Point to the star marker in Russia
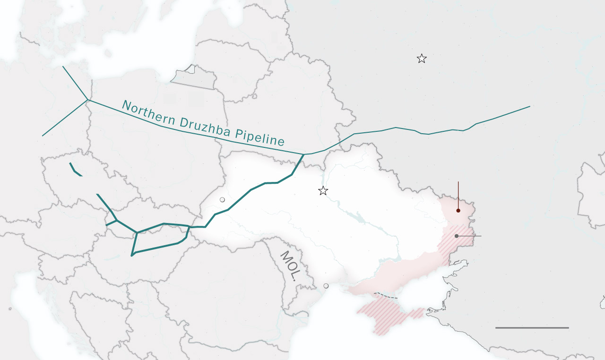pyautogui.click(x=422, y=59)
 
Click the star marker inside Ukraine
pyautogui.click(x=323, y=191)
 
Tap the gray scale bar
pyautogui.click(x=532, y=327)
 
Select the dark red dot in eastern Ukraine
pyautogui.click(x=458, y=210)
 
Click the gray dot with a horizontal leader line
pyautogui.click(x=457, y=236)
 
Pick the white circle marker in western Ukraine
pyautogui.click(x=222, y=200)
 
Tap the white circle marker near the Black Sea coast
pyautogui.click(x=326, y=286)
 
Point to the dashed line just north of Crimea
pyautogui.click(x=386, y=296)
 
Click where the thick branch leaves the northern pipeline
pyautogui.click(x=303, y=154)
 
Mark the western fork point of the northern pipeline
pyautogui.click(x=87, y=100)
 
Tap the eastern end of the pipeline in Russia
pyautogui.click(x=529, y=106)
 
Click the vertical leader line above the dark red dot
pyautogui.click(x=458, y=194)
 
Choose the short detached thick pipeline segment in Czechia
pyautogui.click(x=76, y=170)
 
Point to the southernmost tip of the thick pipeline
pyautogui.click(x=131, y=256)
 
